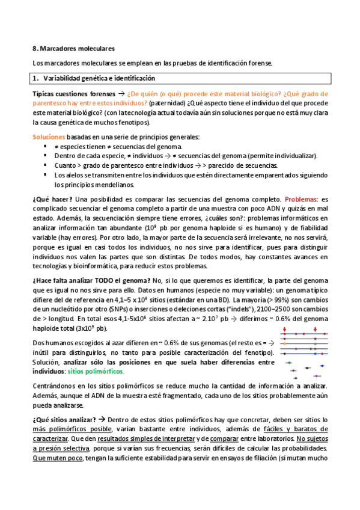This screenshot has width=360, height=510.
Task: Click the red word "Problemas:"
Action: click(303, 199)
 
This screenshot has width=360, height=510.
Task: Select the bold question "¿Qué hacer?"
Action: click(53, 199)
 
